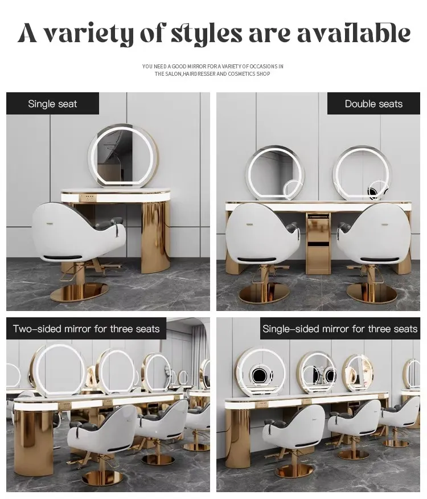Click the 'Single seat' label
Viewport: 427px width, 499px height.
52,104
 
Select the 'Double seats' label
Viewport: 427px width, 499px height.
373,104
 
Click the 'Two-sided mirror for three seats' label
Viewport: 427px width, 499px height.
87,329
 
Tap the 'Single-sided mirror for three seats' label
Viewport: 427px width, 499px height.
340,329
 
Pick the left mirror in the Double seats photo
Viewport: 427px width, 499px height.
274,172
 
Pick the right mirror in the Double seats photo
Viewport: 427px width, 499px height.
362,172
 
